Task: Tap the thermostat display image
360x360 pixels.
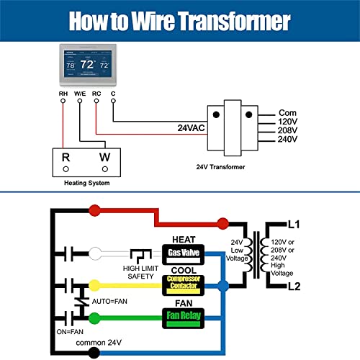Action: (x=86, y=66)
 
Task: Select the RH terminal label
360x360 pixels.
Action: (x=63, y=94)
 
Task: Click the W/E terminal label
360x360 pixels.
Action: (x=79, y=94)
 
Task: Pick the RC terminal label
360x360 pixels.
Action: (x=97, y=94)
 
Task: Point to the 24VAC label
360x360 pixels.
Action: (x=192, y=128)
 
